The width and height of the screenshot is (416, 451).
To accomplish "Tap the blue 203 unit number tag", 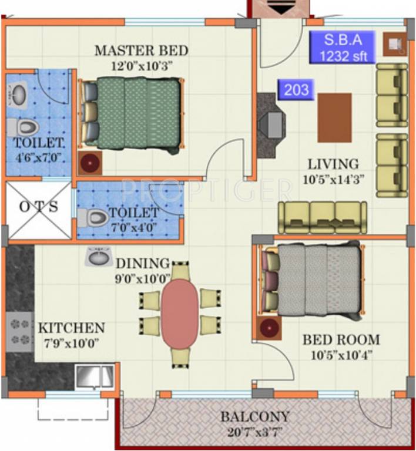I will click(x=296, y=90).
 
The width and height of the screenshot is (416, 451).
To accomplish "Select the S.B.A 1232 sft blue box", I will click(x=342, y=48).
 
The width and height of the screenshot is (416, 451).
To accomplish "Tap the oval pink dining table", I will click(x=180, y=313).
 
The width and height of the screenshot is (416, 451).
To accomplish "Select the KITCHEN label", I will click(x=71, y=328).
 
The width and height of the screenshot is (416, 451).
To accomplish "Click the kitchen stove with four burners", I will click(x=19, y=331).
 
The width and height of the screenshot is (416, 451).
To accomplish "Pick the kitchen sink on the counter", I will click(x=95, y=376).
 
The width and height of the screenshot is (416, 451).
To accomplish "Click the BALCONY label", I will click(x=254, y=417).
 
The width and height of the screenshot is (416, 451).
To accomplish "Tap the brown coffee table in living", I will click(x=334, y=117).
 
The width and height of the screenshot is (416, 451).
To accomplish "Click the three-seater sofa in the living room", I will click(x=322, y=217).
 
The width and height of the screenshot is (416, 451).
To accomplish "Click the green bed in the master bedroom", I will click(x=132, y=113).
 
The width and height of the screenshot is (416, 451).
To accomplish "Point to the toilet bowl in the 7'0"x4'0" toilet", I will click(x=95, y=217).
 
